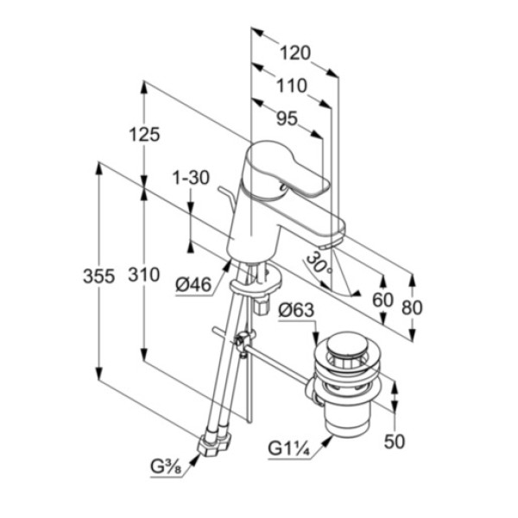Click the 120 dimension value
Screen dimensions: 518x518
(294, 53)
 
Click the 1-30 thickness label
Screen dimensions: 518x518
(191, 178)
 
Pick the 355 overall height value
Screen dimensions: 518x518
(99, 275)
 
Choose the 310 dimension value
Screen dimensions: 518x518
(144, 275)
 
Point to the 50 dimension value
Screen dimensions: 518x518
(395, 441)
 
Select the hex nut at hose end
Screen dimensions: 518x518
(211, 444)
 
